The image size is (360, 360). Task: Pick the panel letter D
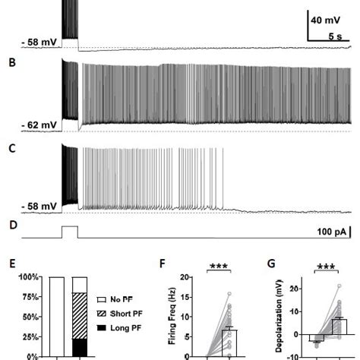[x=11, y=226]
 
